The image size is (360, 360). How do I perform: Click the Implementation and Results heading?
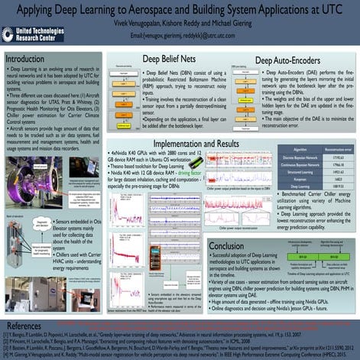(x=206, y=143)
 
